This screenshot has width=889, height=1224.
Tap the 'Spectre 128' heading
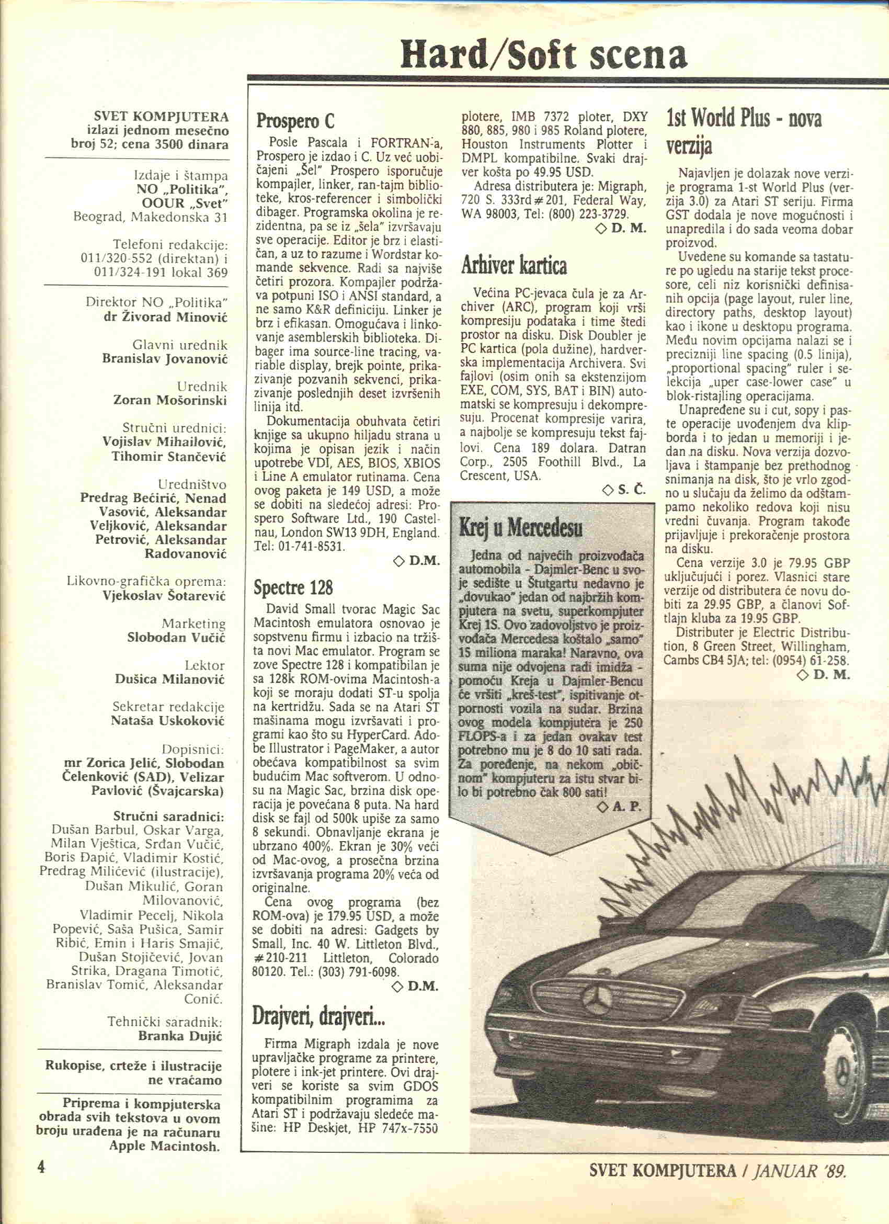point(293,587)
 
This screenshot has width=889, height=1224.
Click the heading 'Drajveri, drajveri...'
point(318,1017)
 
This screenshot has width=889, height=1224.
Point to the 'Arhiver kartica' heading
point(514,266)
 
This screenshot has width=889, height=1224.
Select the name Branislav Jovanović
point(165,359)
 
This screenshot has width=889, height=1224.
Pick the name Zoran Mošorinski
point(170,401)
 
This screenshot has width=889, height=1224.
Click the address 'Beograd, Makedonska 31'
point(150,217)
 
